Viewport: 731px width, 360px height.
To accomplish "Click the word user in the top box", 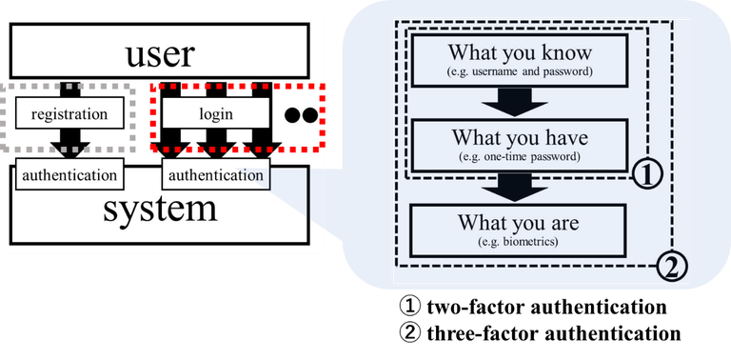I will click(x=160, y=54).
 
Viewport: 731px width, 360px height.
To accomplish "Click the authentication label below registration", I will click(x=69, y=175).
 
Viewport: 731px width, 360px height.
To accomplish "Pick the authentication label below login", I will click(x=216, y=175).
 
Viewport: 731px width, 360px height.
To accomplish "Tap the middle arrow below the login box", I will click(x=217, y=145).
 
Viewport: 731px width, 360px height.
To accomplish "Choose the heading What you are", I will click(x=519, y=223).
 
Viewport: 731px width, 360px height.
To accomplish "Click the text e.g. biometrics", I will click(x=519, y=242).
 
